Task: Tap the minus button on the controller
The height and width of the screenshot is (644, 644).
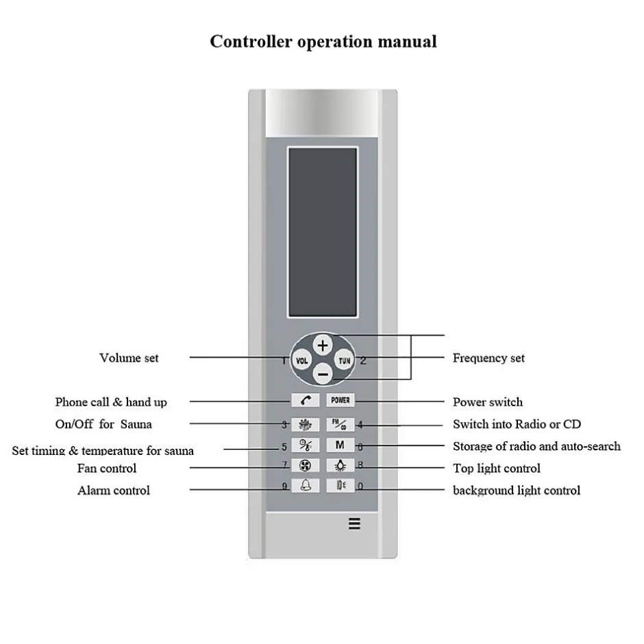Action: point(323,375)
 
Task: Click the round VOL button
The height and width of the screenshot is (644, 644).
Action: point(302,361)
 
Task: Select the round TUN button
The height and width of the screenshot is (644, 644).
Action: point(344,360)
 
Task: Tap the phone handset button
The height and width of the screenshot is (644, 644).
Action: point(305,400)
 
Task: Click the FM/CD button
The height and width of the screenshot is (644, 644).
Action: point(340,424)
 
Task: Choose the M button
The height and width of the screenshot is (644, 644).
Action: point(340,445)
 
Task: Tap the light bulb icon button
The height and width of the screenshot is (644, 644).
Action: point(340,465)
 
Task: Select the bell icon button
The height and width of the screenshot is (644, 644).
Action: point(305,486)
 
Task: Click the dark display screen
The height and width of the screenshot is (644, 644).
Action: point(323,232)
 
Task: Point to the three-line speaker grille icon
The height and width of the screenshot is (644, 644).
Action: point(354,523)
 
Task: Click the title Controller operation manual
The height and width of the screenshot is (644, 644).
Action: point(323,42)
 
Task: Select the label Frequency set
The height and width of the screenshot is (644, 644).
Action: point(488,358)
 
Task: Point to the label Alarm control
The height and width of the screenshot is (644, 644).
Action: point(114,491)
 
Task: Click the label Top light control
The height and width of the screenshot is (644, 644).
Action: point(497,468)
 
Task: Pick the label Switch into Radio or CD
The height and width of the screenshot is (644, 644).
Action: point(517,424)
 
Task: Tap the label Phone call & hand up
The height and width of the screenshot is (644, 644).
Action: point(111,402)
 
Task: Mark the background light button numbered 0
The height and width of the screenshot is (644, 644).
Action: point(340,486)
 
